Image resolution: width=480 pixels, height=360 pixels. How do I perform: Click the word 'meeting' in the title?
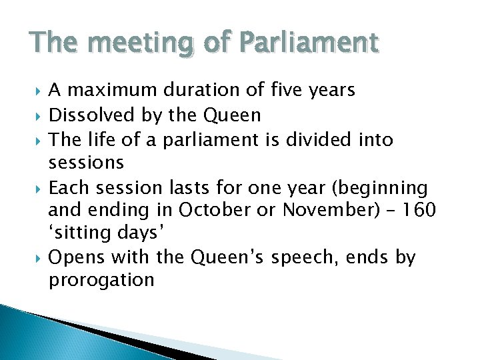131,43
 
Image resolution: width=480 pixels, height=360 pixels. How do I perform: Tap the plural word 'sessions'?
86,162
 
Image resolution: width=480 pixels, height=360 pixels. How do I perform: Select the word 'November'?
325,211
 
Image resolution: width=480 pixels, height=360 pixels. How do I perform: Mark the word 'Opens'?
78,257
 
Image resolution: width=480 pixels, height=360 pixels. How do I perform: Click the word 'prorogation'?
101,280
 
